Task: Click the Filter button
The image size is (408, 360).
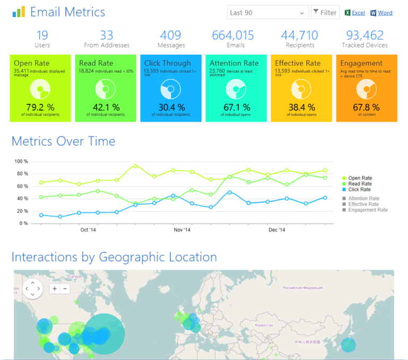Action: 325,12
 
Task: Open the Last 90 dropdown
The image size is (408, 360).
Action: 268,12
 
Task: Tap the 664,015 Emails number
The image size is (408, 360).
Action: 233,36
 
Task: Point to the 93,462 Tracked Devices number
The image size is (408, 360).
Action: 364,36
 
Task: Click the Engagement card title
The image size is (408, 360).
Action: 361,63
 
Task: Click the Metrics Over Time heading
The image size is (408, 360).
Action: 63,141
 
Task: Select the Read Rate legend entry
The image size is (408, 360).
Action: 360,184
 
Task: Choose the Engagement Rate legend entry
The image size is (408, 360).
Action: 368,210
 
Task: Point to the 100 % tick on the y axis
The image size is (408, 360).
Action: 21,161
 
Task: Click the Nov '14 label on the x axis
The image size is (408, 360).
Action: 182,230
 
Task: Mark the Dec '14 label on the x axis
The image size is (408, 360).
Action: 277,230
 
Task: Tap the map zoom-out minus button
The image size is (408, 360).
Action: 65,288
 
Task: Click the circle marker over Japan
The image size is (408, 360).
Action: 348,344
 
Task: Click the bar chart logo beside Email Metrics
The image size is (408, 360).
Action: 19,12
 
